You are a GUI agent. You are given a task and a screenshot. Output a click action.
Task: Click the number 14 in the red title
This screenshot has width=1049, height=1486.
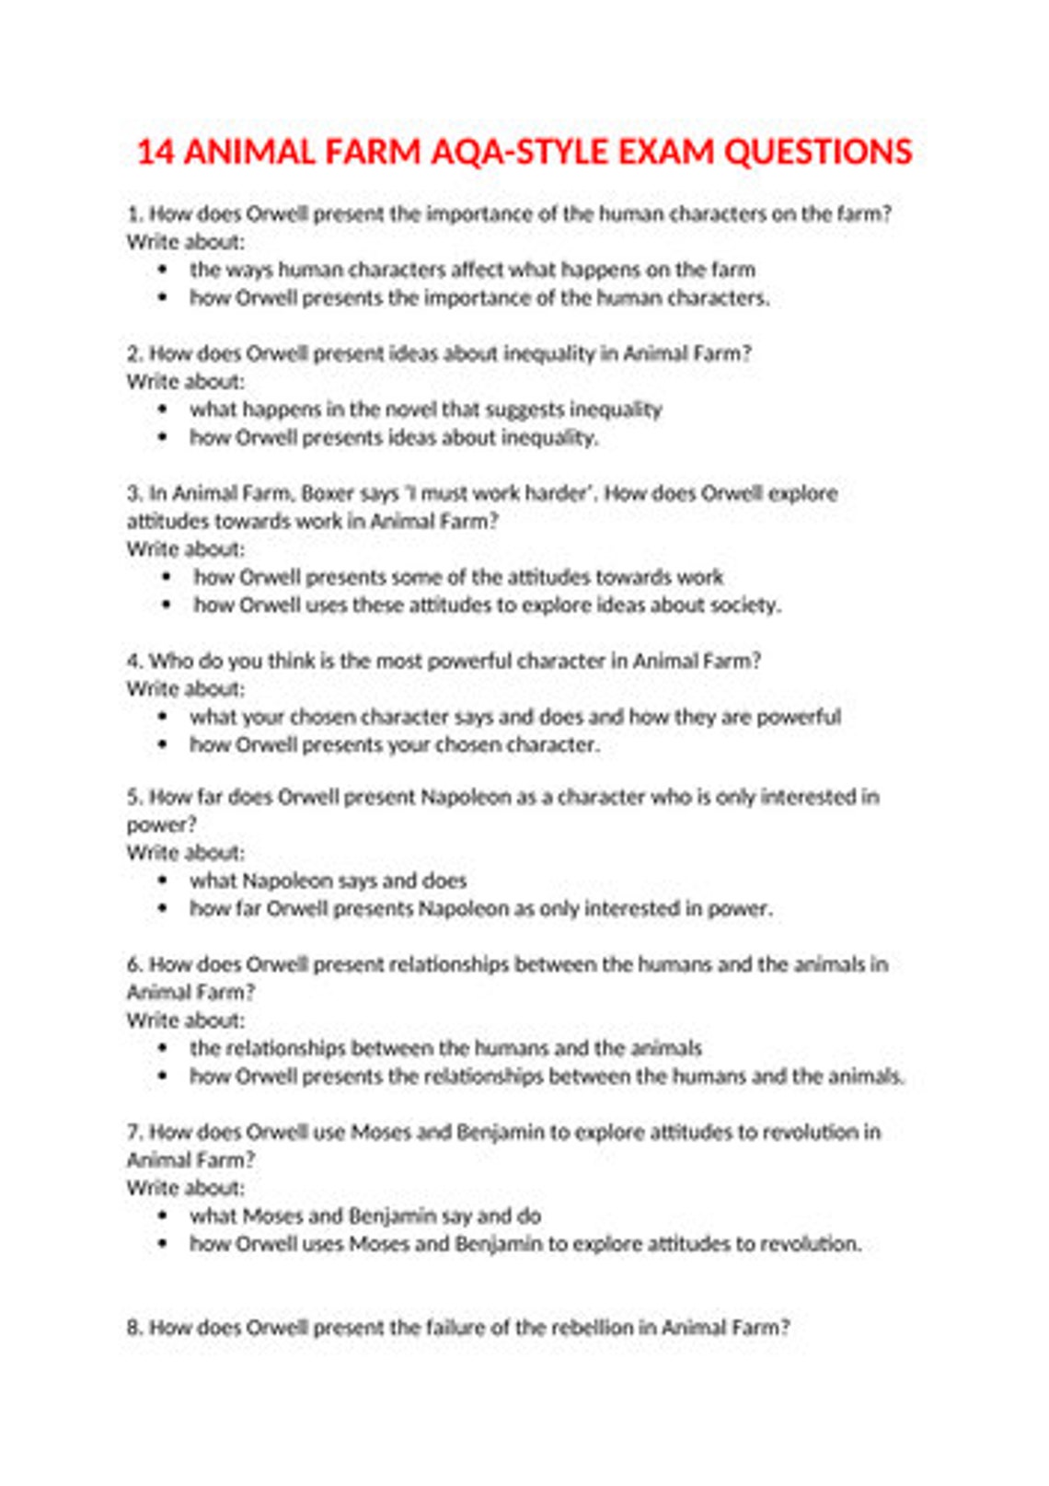point(156,152)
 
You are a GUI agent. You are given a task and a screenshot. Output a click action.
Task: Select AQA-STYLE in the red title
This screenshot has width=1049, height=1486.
point(520,152)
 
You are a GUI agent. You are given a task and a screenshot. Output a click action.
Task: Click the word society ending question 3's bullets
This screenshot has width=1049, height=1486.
point(744,605)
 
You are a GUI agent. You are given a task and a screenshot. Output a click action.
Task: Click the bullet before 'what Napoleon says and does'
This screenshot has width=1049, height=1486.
point(163,881)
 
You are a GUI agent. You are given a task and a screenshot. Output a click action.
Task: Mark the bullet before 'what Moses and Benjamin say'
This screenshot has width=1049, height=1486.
point(163,1216)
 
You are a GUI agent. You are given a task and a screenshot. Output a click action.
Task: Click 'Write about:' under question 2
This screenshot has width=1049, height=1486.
point(186,382)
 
